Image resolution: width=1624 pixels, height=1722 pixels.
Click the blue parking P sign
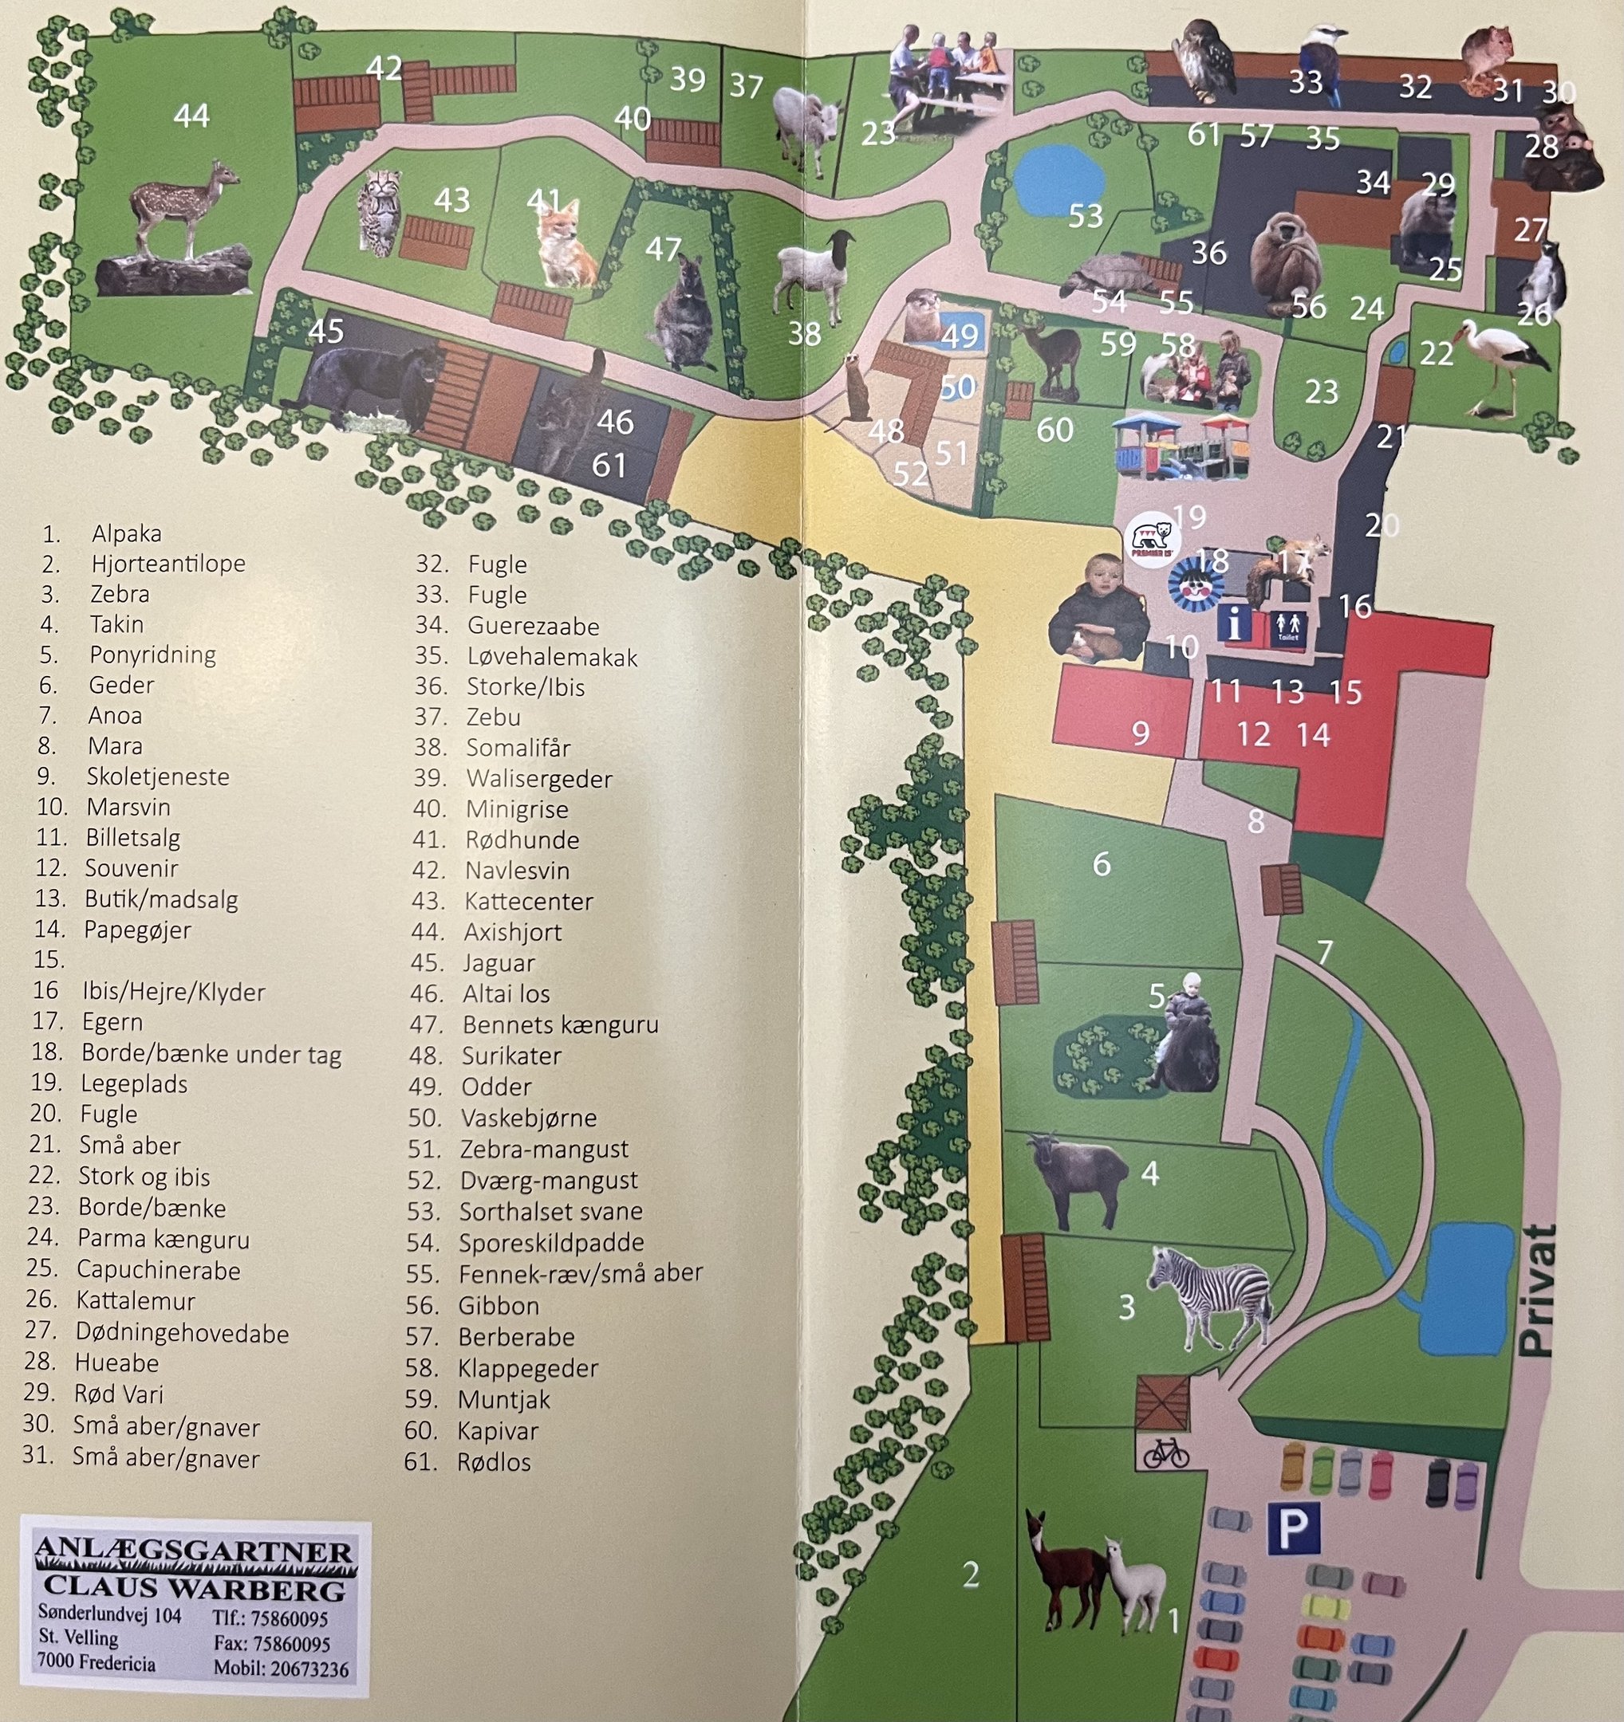pyautogui.click(x=1293, y=1529)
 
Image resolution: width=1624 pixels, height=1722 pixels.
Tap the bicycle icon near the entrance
pyautogui.click(x=1165, y=1452)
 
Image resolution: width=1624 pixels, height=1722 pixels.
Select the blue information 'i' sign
pyautogui.click(x=1235, y=623)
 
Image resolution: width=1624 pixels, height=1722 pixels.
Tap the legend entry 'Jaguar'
pyautogui.click(x=499, y=963)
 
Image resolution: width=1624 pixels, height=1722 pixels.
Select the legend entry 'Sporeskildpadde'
pyautogui.click(x=551, y=1242)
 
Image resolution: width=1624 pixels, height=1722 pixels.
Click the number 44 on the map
pyautogui.click(x=191, y=116)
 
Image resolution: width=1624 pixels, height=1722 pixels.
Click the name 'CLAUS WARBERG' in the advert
pyautogui.click(x=194, y=1588)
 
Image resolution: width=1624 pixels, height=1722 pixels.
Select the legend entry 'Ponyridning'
pyautogui.click(x=152, y=655)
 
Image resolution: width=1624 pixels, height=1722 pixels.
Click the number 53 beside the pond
pyautogui.click(x=1085, y=216)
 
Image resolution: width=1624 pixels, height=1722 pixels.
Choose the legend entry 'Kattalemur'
pyautogui.click(x=135, y=1300)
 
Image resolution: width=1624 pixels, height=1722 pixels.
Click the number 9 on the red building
pyautogui.click(x=1141, y=733)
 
